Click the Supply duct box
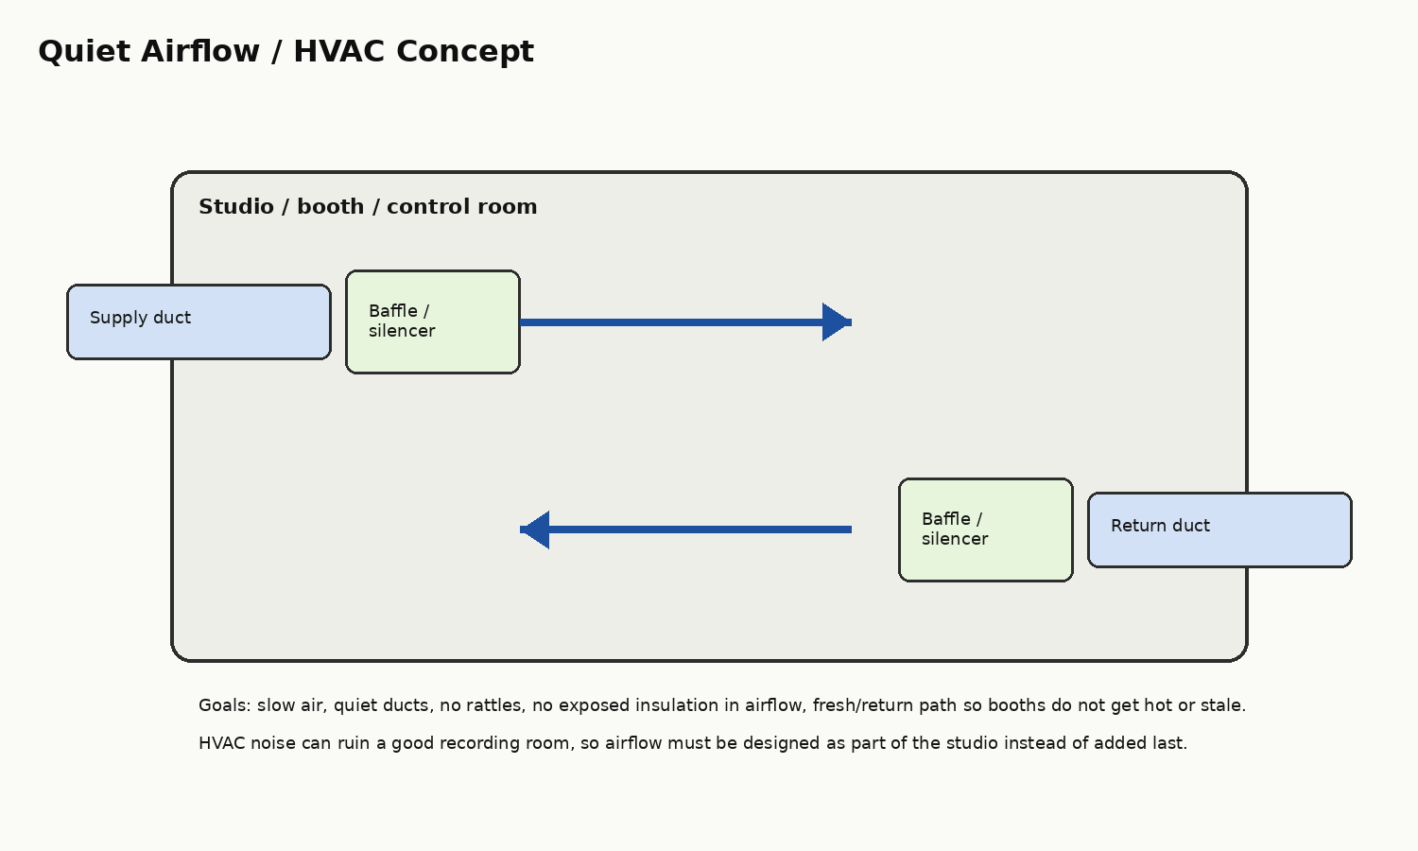click(199, 322)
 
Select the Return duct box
click(1219, 530)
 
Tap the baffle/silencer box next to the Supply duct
click(433, 322)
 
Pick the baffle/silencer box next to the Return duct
click(986, 530)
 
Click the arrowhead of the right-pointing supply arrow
click(837, 322)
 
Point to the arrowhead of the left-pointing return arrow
click(534, 530)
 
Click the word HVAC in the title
click(338, 51)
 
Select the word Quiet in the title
click(85, 52)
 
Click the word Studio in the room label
click(236, 206)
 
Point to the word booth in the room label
click(331, 206)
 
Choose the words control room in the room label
click(462, 206)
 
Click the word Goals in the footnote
click(225, 705)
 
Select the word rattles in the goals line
click(498, 705)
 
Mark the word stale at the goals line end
click(1223, 705)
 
